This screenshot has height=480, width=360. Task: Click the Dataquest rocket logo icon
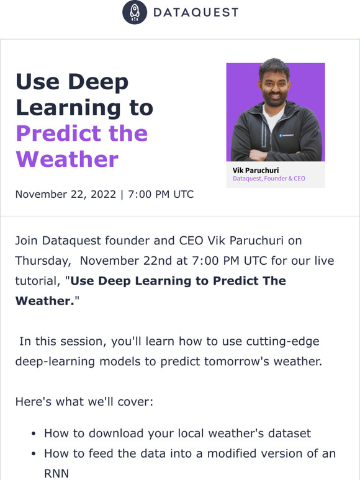pyautogui.click(x=135, y=12)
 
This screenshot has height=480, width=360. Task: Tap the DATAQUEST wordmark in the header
pyautogui.click(x=196, y=12)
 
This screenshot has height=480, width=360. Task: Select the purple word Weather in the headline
pyautogui.click(x=67, y=159)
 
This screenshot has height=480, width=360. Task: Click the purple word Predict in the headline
pyautogui.click(x=58, y=133)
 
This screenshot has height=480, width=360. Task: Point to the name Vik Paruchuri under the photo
pyautogui.click(x=256, y=170)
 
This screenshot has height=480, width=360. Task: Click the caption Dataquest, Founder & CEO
pyautogui.click(x=269, y=179)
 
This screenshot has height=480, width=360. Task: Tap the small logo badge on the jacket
pyautogui.click(x=286, y=135)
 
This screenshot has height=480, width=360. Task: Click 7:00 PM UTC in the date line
pyautogui.click(x=161, y=194)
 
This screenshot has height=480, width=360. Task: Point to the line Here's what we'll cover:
pyautogui.click(x=84, y=402)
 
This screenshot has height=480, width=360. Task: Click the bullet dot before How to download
pyautogui.click(x=34, y=434)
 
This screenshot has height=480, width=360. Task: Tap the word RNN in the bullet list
pyautogui.click(x=56, y=474)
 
